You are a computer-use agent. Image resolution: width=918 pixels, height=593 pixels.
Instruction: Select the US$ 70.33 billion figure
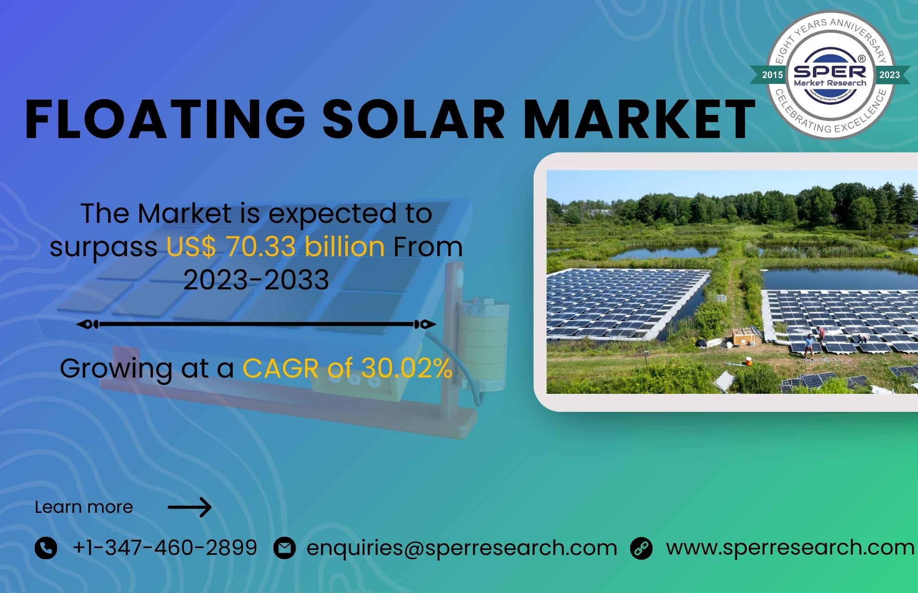[275, 246]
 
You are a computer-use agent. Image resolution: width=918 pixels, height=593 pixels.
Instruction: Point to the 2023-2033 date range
[256, 280]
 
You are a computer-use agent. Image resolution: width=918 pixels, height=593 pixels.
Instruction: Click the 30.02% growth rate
[407, 369]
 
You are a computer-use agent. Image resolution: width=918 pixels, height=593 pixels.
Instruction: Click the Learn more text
[84, 507]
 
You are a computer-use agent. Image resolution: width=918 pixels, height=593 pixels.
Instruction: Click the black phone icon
[46, 548]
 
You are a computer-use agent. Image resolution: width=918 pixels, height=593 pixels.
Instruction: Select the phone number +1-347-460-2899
[165, 548]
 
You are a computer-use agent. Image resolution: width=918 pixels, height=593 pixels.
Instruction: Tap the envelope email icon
[284, 548]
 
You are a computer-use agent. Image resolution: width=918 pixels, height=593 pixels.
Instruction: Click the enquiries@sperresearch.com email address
[462, 548]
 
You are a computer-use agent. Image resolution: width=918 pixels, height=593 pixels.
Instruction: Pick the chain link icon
[641, 548]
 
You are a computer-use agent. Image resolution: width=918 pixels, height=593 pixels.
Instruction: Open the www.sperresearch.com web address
[790, 548]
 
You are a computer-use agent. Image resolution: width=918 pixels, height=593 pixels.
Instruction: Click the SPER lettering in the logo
[830, 71]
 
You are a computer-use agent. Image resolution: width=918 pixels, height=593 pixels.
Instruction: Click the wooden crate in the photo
[744, 336]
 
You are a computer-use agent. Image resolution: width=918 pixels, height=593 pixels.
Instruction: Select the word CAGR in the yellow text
[280, 369]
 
